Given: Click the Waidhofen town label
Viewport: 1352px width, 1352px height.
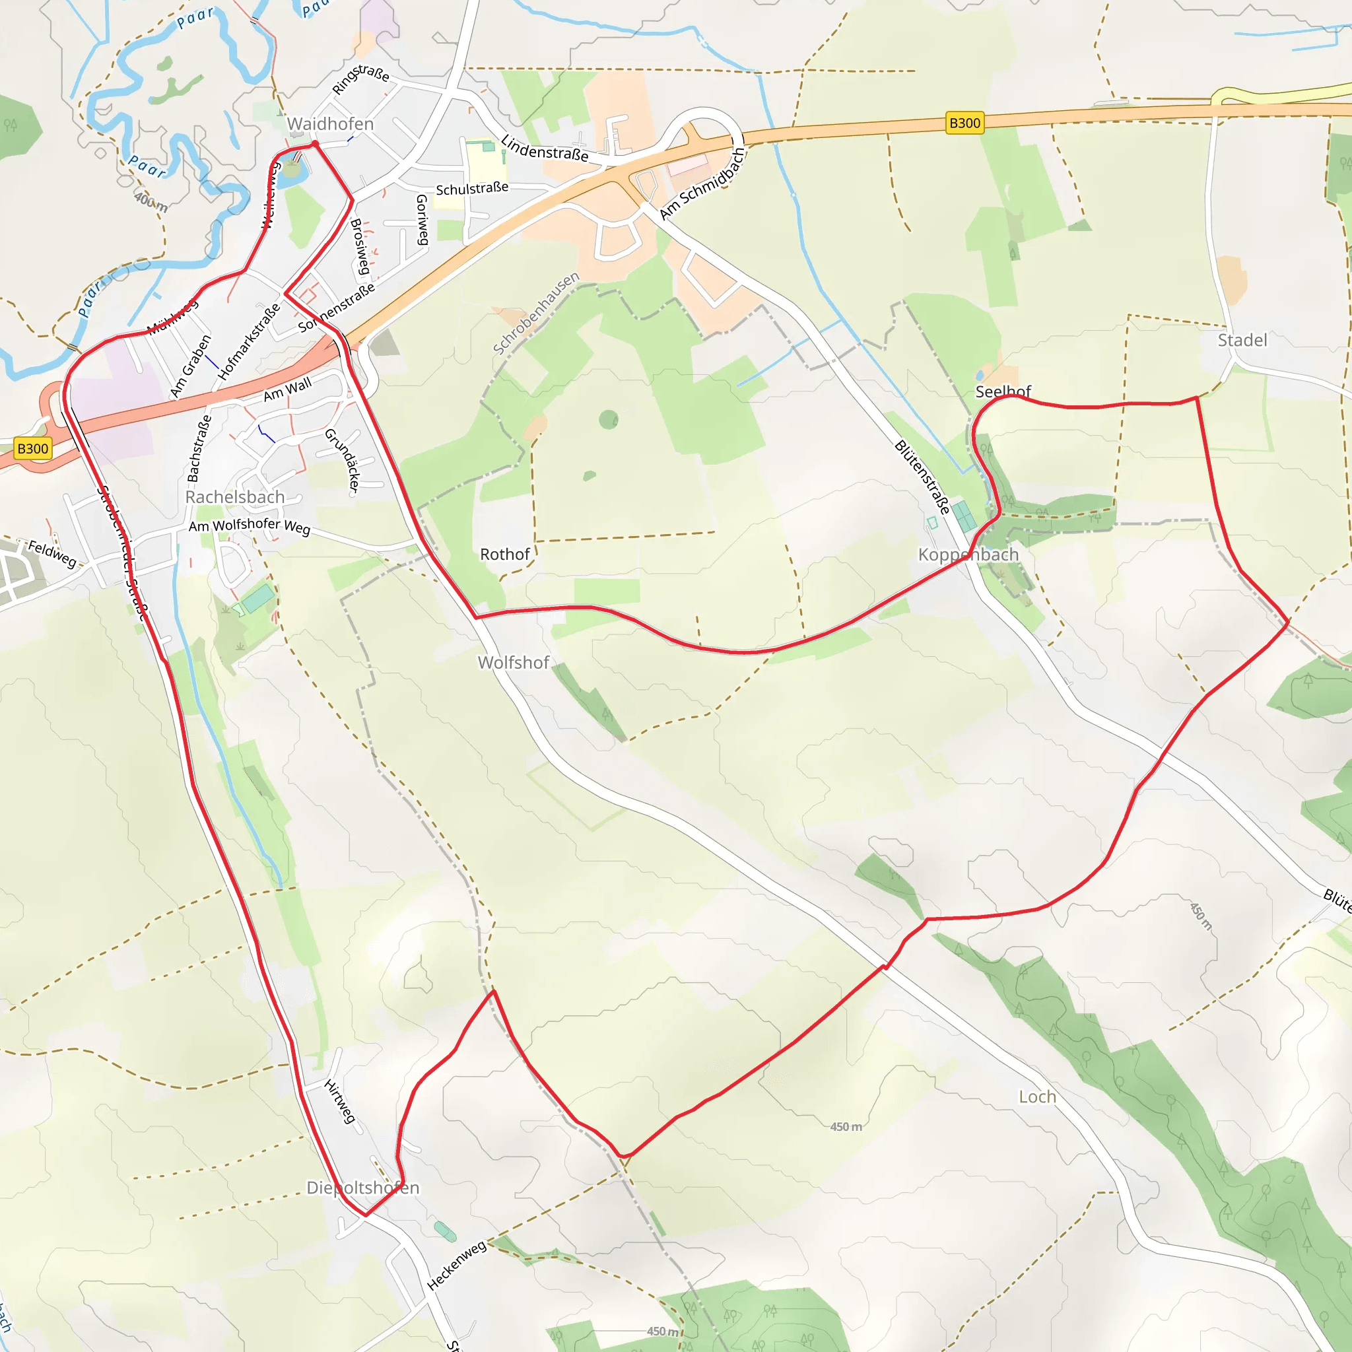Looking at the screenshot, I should pyautogui.click(x=330, y=124).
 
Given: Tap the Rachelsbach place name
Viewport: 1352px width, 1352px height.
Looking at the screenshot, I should pyautogui.click(x=234, y=497).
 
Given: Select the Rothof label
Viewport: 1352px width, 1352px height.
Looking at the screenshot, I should pyautogui.click(x=504, y=555).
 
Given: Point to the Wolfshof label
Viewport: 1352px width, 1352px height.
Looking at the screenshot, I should pyautogui.click(x=513, y=662).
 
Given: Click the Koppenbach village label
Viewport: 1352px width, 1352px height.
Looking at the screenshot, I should pyautogui.click(x=968, y=555).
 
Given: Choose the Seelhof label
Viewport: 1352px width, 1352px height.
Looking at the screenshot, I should pyautogui.click(x=1003, y=392).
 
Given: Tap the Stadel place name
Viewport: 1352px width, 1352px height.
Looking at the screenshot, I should pyautogui.click(x=1242, y=340).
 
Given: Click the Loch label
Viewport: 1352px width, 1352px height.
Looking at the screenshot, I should pyautogui.click(x=1037, y=1097).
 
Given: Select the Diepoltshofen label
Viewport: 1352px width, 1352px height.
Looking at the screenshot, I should pyautogui.click(x=362, y=1188).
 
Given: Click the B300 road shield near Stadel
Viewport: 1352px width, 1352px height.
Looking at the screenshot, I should pyautogui.click(x=964, y=123).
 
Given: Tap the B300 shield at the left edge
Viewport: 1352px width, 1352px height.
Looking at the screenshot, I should pyautogui.click(x=33, y=448).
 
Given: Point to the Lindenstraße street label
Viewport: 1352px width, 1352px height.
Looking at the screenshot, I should pyautogui.click(x=545, y=149).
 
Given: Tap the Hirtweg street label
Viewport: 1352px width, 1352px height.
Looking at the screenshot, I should pyautogui.click(x=340, y=1100).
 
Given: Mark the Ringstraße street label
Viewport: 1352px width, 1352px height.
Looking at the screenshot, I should pyautogui.click(x=360, y=79).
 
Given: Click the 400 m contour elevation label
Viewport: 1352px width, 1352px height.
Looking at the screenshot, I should pyautogui.click(x=151, y=202).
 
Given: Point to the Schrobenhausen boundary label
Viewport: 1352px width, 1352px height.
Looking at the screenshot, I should pyautogui.click(x=536, y=313).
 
